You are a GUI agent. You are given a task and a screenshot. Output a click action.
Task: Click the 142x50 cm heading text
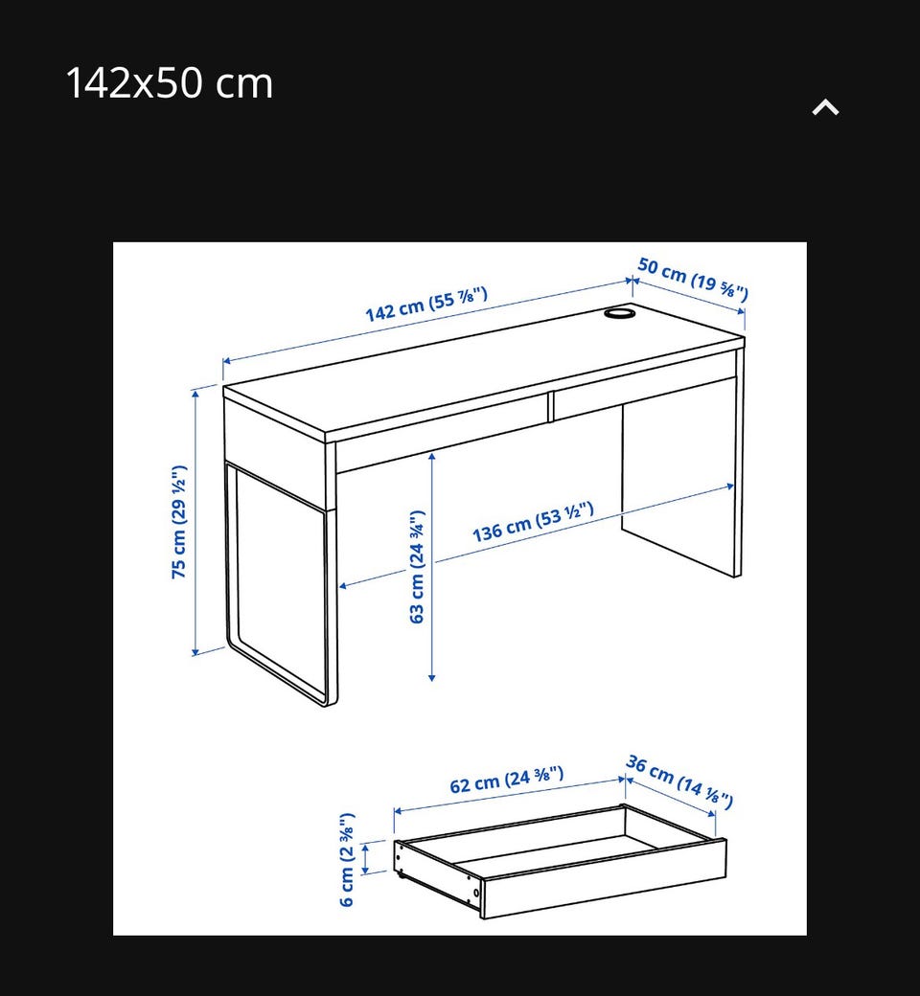pyautogui.click(x=169, y=83)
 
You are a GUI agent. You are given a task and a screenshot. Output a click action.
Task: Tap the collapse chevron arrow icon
pyautogui.click(x=825, y=107)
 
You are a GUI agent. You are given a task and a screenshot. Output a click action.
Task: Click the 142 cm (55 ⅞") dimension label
pyautogui.click(x=426, y=304)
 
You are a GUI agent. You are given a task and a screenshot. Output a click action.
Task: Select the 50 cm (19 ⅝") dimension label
pyautogui.click(x=693, y=278)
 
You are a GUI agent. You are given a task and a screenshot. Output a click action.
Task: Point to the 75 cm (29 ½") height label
pyautogui.click(x=179, y=522)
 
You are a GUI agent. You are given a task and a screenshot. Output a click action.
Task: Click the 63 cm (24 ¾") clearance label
pyautogui.click(x=417, y=567)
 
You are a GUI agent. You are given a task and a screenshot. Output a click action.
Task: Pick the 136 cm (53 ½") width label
pyautogui.click(x=533, y=522)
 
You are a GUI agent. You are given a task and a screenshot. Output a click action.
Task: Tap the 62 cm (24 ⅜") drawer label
pyautogui.click(x=507, y=780)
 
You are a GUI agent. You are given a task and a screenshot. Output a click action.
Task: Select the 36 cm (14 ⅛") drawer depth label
pyautogui.click(x=679, y=781)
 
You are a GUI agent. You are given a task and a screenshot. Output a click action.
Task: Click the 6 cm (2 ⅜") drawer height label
pyautogui.click(x=347, y=859)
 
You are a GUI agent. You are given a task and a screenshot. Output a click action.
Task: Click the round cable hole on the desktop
pyautogui.click(x=619, y=313)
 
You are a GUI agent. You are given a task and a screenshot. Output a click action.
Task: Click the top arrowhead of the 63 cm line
pyautogui.click(x=431, y=455)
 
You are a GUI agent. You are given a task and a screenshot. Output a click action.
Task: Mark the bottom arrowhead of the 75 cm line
pyautogui.click(x=195, y=651)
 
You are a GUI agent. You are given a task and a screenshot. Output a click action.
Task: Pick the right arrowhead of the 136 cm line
pyautogui.click(x=730, y=487)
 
